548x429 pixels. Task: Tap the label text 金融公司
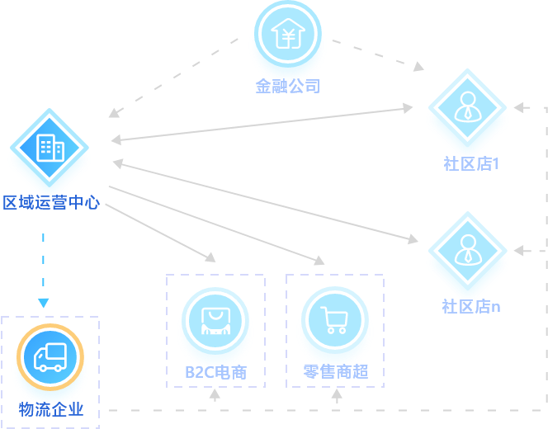point(287,86)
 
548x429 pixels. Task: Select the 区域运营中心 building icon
point(50,148)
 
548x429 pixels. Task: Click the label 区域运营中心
point(51,202)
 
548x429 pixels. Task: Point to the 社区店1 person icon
point(467,108)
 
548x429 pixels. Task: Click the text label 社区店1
point(471,163)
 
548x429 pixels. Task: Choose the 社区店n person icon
point(467,251)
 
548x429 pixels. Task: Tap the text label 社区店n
point(471,306)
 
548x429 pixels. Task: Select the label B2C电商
point(215,372)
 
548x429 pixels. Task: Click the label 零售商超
point(335,372)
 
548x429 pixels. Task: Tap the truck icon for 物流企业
point(50,356)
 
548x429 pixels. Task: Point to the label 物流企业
point(51,409)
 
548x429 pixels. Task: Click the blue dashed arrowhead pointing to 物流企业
point(43,303)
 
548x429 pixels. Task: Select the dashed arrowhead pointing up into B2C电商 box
point(215,394)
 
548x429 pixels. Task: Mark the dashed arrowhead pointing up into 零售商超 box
point(336,394)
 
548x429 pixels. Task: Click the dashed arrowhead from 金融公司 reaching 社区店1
point(418,65)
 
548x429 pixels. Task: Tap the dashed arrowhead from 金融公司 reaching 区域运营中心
point(113,113)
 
